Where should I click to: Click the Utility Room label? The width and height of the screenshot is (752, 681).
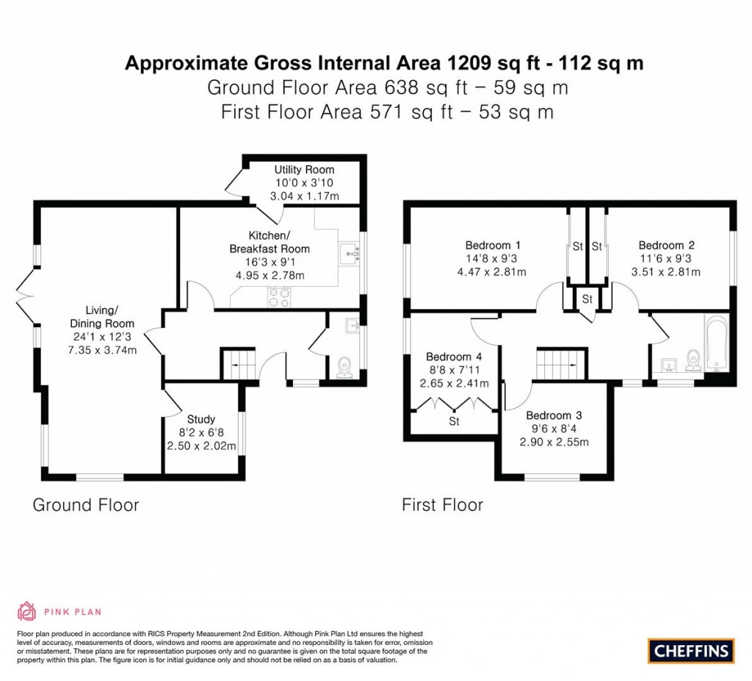[x=304, y=170]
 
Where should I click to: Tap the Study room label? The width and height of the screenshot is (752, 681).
[x=201, y=419]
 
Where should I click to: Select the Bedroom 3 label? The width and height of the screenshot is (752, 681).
[x=554, y=415]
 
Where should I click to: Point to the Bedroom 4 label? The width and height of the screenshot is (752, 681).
[x=454, y=357]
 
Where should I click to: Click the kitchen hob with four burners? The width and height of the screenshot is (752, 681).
[x=280, y=296]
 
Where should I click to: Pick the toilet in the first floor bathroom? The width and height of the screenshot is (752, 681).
[x=693, y=361]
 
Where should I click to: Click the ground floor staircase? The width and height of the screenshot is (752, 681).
[x=239, y=365]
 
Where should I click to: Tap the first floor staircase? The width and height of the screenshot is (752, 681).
[x=561, y=364]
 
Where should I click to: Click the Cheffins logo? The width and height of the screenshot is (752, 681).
[x=691, y=651]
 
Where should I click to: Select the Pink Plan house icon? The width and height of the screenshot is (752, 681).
[x=26, y=611]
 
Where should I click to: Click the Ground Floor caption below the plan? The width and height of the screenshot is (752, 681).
[x=86, y=505]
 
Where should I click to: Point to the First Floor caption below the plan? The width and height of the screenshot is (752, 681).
[x=442, y=505]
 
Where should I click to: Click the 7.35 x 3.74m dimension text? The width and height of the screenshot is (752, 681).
[x=102, y=350]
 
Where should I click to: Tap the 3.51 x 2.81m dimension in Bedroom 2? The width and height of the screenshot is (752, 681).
[x=665, y=272]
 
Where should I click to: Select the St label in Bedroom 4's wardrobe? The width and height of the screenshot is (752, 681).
[x=454, y=421]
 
